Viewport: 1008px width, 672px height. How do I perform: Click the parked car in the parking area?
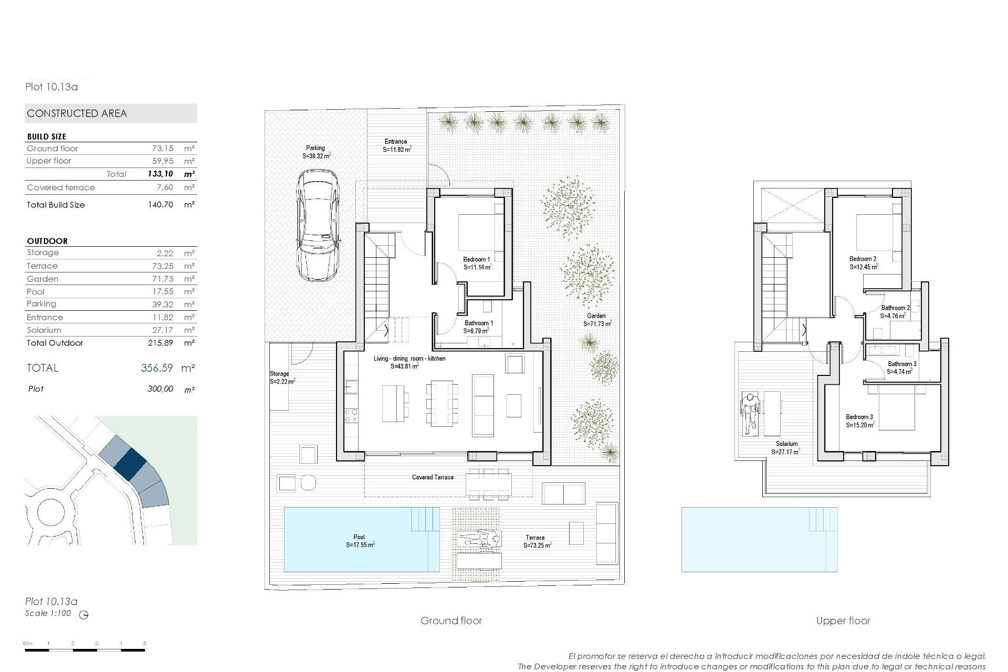(x=317, y=226)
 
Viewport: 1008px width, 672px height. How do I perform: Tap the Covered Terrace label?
(x=433, y=477)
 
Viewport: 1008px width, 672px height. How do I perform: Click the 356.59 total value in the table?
(x=156, y=368)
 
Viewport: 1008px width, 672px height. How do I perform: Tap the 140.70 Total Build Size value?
(x=160, y=205)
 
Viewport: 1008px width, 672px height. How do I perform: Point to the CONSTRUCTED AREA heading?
(x=77, y=113)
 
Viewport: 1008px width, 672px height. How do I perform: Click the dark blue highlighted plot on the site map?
(x=130, y=462)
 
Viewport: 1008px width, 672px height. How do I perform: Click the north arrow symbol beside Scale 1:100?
(x=83, y=615)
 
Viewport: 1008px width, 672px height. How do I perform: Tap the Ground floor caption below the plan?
(x=451, y=621)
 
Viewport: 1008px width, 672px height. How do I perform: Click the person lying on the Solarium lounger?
(x=750, y=413)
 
